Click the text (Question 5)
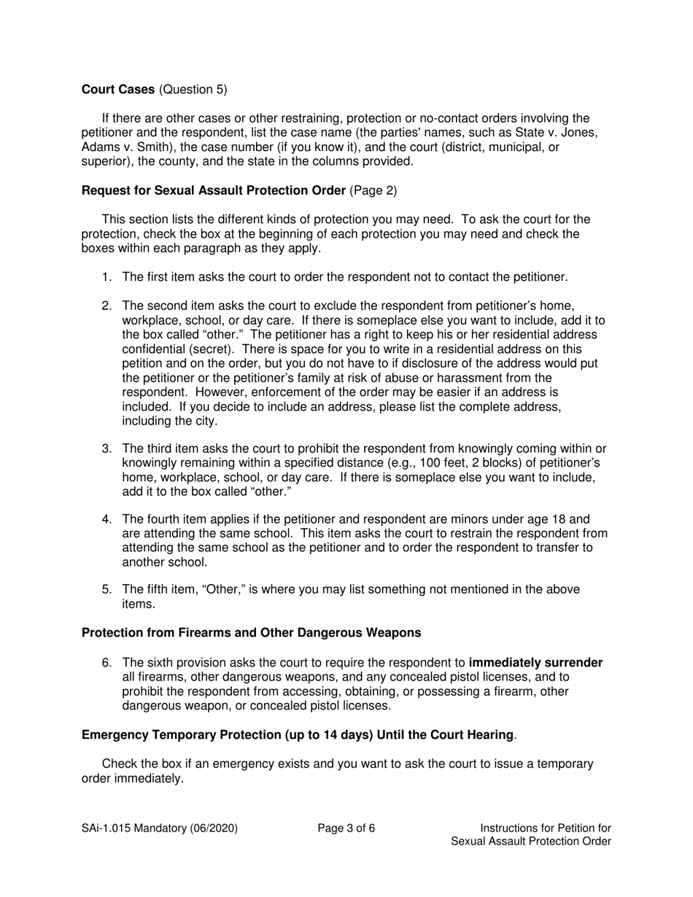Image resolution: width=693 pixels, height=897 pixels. [x=192, y=90]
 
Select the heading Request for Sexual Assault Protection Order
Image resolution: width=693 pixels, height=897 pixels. [x=214, y=190]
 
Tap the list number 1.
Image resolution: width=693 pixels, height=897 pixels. [x=107, y=277]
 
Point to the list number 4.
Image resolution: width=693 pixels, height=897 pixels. [x=107, y=519]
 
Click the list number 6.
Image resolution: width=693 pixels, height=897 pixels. [x=107, y=663]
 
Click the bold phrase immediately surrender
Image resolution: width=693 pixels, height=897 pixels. [x=535, y=663]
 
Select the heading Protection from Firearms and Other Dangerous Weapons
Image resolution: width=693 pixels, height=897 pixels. [x=251, y=632]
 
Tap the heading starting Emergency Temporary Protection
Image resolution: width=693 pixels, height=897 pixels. [x=298, y=734]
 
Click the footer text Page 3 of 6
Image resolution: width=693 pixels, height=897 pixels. [x=346, y=828]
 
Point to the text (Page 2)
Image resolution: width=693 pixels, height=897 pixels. [x=373, y=190]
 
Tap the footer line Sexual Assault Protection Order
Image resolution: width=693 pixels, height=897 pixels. [x=531, y=841]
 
